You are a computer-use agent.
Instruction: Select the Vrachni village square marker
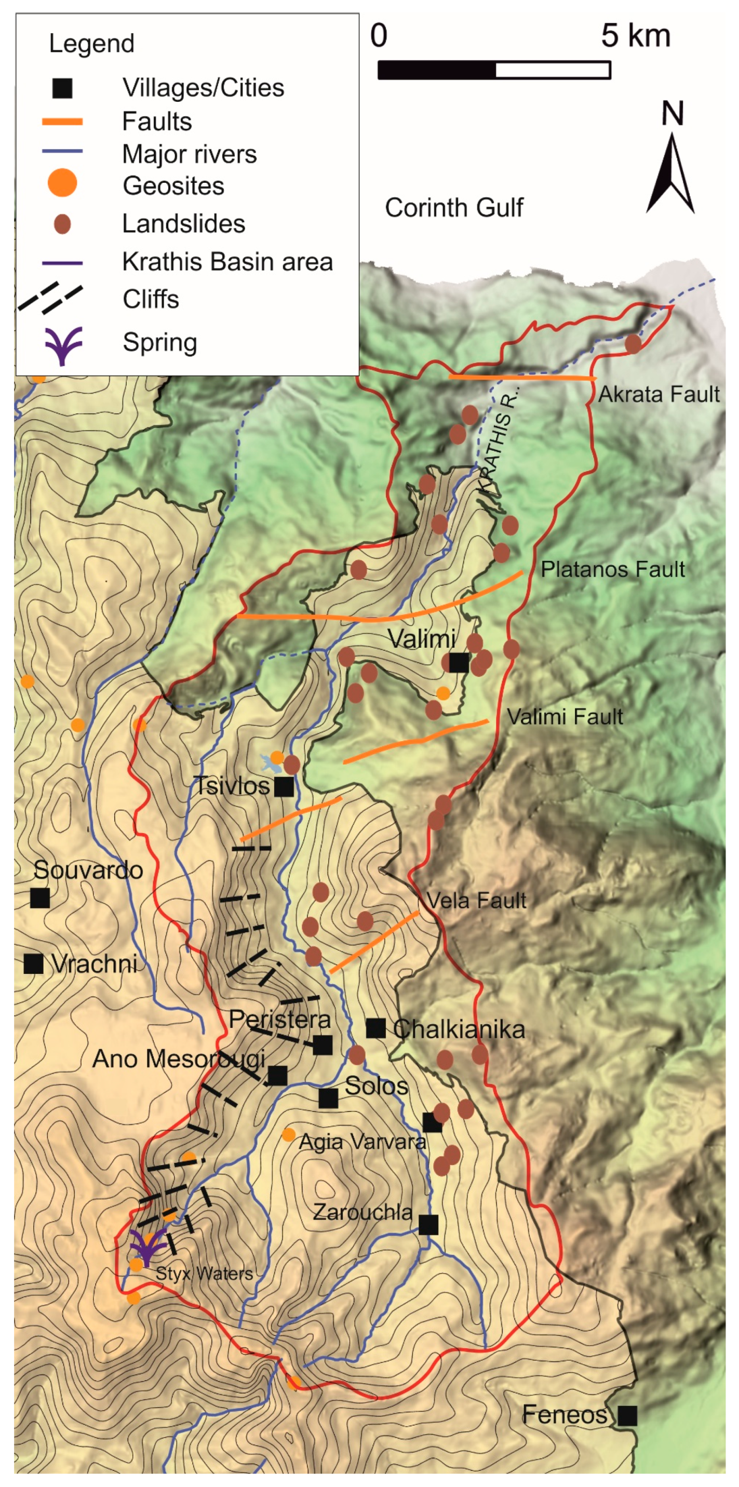coord(33,963)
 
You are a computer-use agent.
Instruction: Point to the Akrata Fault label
coord(658,394)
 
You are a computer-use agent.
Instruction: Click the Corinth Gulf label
coord(454,207)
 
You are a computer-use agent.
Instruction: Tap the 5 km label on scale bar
coord(635,36)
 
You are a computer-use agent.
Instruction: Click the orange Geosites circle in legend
coord(62,183)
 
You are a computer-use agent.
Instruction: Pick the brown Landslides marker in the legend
coord(62,223)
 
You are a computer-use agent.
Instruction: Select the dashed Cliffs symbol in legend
coord(51,299)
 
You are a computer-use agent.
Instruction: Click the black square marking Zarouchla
coord(428,1224)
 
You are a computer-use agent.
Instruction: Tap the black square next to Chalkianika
coord(376,1027)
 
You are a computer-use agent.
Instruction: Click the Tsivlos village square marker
coord(284,786)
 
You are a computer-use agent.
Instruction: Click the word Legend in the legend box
coord(91,44)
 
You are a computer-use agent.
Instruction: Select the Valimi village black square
coord(459,662)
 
